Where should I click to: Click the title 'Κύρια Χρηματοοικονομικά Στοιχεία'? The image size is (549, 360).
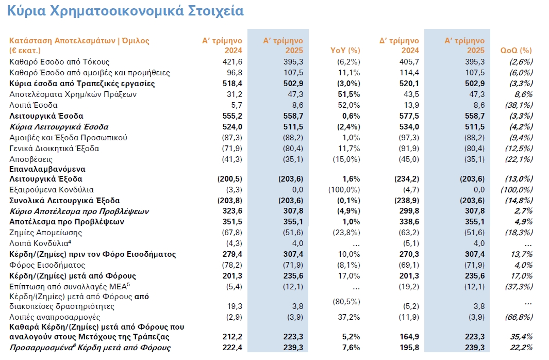[125, 11]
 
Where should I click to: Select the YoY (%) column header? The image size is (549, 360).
[345, 51]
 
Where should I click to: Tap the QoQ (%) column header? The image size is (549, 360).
[516, 51]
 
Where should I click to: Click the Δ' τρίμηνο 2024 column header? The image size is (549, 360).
[399, 45]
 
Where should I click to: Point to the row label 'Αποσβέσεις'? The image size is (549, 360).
[31, 159]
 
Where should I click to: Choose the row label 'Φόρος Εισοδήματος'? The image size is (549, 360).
[47, 265]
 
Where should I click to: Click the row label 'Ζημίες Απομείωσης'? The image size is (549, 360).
[45, 233]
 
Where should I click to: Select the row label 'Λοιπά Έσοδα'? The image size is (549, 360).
[34, 105]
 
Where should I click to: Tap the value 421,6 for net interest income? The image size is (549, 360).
[232, 62]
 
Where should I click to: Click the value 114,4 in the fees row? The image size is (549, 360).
[409, 73]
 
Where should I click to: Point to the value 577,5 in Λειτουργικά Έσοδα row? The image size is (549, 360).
[409, 116]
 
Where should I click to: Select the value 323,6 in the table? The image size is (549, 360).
[232, 211]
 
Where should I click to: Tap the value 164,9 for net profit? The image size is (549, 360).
[409, 337]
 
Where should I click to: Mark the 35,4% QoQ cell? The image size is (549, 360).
[521, 337]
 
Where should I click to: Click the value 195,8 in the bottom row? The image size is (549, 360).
[409, 348]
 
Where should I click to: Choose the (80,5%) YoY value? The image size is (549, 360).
[346, 302]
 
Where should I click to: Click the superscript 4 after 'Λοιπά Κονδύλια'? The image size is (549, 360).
[70, 241]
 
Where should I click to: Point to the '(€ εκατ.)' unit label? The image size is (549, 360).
[25, 51]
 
